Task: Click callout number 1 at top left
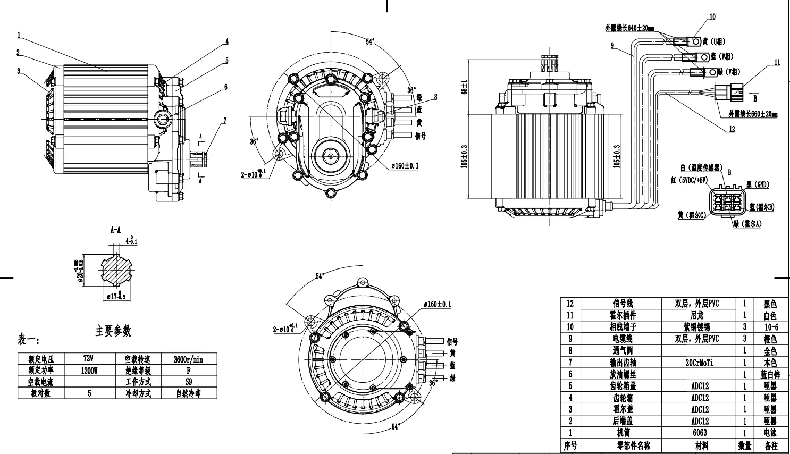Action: pyautogui.click(x=19, y=35)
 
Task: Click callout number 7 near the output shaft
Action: pyautogui.click(x=225, y=121)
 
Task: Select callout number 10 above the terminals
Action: pyautogui.click(x=712, y=16)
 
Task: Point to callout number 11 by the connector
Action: pyautogui.click(x=777, y=62)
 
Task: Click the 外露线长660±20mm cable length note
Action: pyautogui.click(x=753, y=114)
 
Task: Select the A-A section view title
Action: pyautogui.click(x=115, y=230)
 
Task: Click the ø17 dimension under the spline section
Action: pyautogui.click(x=115, y=297)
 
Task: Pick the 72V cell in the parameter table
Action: pyautogui.click(x=89, y=359)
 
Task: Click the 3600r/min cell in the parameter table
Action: pyautogui.click(x=188, y=359)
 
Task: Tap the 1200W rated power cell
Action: pyautogui.click(x=89, y=371)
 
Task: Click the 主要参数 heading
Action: pyautogui.click(x=113, y=331)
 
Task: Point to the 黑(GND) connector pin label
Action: pyautogui.click(x=758, y=184)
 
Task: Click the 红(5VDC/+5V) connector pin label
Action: pyautogui.click(x=689, y=180)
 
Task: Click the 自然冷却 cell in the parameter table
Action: pyautogui.click(x=188, y=393)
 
